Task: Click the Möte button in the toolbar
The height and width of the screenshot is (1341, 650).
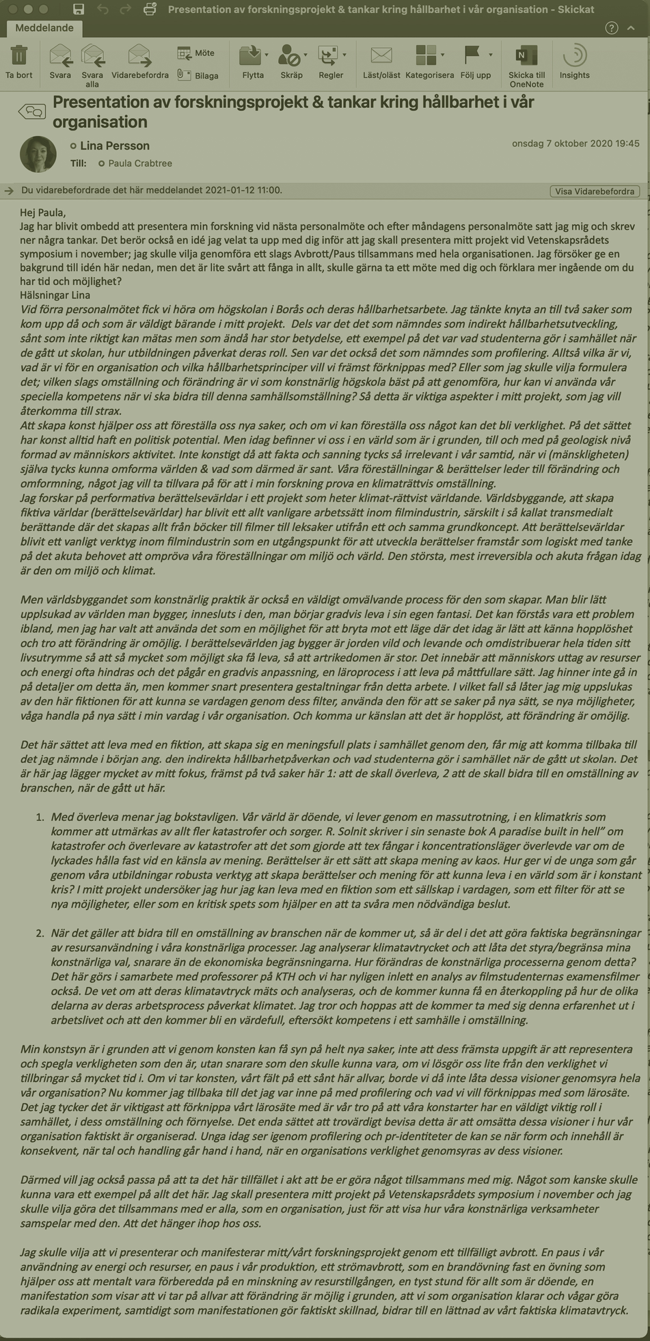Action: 196,53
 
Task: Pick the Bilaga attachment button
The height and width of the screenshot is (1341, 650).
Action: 198,75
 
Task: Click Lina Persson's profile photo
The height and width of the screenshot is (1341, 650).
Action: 38,154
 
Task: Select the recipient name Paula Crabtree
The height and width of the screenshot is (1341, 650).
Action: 140,163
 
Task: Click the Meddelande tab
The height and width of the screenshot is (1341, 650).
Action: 44,28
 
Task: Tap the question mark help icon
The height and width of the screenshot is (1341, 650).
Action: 612,28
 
